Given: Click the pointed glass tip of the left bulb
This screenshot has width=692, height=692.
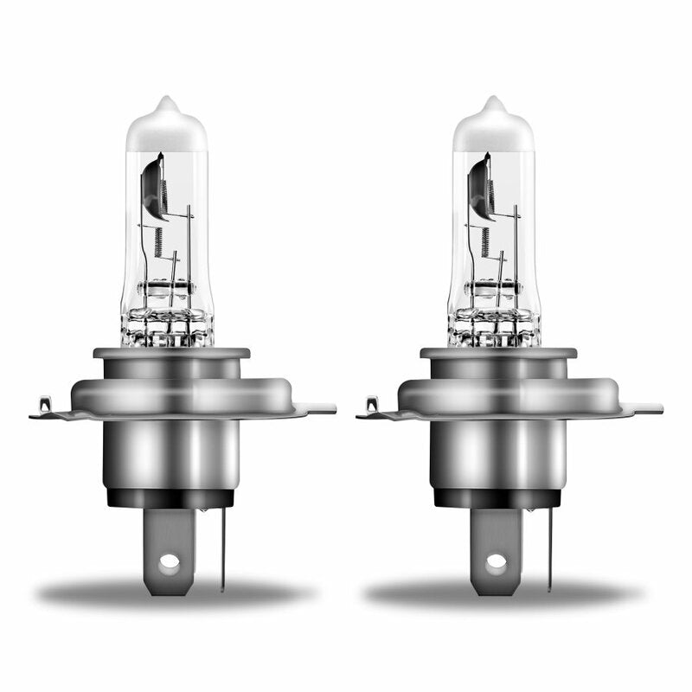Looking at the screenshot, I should click(168, 103).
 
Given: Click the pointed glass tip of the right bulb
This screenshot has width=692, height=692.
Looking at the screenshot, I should click(495, 103).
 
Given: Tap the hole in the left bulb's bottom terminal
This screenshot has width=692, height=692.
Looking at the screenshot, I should click(170, 561).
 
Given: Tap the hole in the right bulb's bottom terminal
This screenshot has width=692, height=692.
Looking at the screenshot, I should click(496, 561).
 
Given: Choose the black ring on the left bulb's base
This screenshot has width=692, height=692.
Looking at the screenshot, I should click(170, 497).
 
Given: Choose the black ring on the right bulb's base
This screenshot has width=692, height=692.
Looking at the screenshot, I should click(497, 497).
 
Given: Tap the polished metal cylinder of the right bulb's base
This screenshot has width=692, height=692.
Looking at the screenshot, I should click(497, 454).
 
